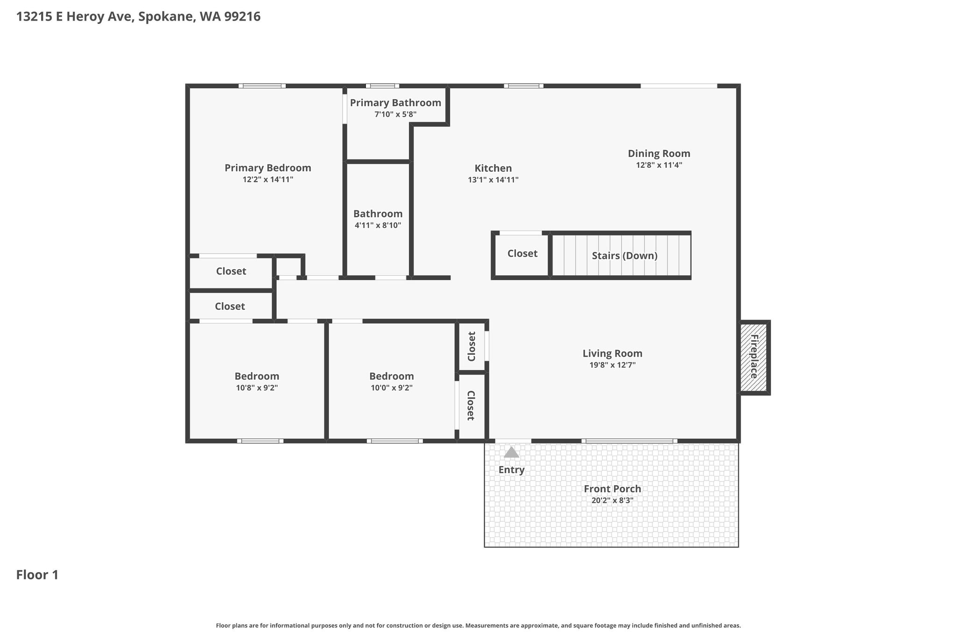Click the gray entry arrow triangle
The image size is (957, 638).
[512, 452]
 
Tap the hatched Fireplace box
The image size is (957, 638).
[754, 358]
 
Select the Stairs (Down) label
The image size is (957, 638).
[624, 256]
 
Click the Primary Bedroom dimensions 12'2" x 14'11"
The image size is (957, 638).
[268, 179]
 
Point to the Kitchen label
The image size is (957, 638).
[493, 168]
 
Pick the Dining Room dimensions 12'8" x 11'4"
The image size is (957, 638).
[659, 165]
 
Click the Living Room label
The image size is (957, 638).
[612, 353]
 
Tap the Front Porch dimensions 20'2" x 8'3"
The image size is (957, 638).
[612, 500]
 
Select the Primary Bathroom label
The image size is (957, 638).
[395, 103]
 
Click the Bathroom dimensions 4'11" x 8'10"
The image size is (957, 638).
[378, 225]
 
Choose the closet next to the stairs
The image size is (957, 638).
[522, 255]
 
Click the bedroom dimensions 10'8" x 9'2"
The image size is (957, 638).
[257, 388]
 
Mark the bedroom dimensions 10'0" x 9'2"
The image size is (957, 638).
[391, 388]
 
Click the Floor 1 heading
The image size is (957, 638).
[37, 575]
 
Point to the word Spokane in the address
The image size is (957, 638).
[166, 17]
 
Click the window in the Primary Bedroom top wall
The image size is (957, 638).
[262, 86]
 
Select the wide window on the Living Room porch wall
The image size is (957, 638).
[629, 441]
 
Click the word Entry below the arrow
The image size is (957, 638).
[511, 470]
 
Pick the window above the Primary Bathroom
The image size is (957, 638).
[382, 86]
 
